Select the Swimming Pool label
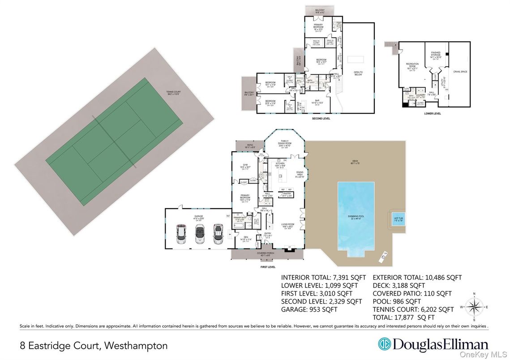pos(357,217)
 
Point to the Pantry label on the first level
pos(286,195)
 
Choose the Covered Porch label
pos(266,253)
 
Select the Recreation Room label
pos(412,65)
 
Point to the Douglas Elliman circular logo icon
pos(384,344)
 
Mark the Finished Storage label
pos(436,55)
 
